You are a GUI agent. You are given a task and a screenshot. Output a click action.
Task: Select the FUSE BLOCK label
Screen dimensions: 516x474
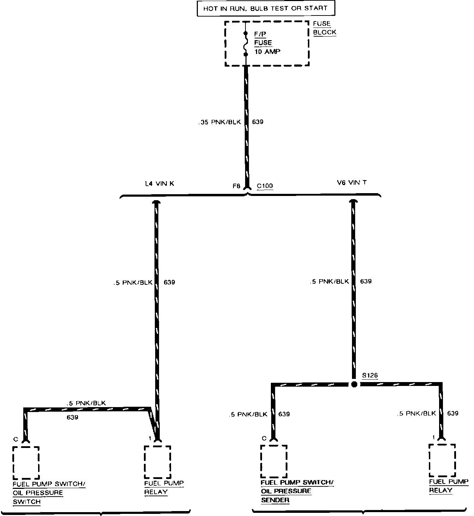click(324, 28)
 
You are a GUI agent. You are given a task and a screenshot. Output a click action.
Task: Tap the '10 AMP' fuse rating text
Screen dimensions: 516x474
click(267, 52)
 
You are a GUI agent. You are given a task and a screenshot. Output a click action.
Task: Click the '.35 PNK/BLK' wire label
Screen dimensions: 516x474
click(219, 122)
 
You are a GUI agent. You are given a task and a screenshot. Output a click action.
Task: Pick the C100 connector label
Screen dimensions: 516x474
click(265, 186)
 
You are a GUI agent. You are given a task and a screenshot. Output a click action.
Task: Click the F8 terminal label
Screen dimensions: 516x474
click(236, 186)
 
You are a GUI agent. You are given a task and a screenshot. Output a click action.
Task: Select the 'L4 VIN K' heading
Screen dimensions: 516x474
click(160, 184)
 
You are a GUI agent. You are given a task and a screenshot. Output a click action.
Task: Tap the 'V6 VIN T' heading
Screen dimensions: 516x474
click(352, 183)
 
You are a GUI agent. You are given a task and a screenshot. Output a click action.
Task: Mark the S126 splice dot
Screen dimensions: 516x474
click(354, 385)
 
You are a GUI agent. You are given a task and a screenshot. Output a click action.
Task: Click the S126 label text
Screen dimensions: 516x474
click(370, 376)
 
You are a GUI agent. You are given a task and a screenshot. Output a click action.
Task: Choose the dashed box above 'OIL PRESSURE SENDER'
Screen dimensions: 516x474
click(274, 461)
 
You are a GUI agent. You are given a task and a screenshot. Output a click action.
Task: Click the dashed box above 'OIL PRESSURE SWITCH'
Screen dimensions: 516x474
click(26, 462)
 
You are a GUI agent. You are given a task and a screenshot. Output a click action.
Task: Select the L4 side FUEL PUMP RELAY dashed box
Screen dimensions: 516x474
click(157, 462)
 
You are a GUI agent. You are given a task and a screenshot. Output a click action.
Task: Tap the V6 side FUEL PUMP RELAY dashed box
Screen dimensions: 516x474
click(442, 460)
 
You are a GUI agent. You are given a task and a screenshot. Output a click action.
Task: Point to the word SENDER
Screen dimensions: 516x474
click(275, 500)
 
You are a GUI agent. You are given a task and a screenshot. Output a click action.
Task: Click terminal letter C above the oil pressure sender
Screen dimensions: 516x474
click(264, 438)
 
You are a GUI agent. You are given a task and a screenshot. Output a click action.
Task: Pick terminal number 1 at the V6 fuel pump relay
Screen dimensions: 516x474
click(433, 437)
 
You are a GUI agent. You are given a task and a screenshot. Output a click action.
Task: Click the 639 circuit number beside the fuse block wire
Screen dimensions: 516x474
click(258, 122)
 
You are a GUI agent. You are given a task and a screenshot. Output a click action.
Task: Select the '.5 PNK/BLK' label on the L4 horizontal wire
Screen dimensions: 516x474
click(86, 403)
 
